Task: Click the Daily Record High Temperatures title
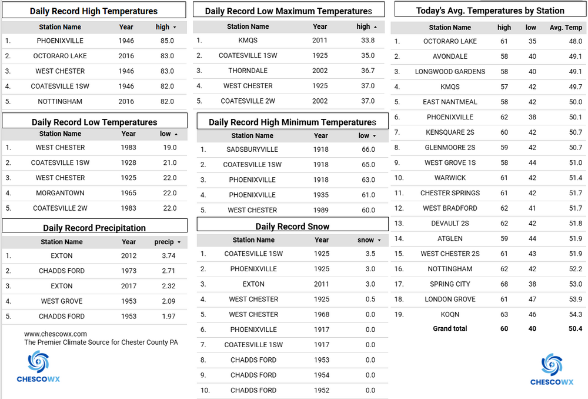93,11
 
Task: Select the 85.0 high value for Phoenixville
167,41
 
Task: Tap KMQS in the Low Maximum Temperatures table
248,41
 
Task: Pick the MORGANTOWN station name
60,193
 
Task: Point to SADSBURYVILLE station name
252,149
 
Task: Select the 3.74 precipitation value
169,256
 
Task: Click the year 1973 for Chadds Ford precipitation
129,271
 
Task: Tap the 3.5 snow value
370,254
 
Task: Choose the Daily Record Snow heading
292,227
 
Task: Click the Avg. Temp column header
566,28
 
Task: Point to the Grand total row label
450,329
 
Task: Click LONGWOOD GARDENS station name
450,72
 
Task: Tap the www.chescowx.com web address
55,334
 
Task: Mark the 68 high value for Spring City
505,284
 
